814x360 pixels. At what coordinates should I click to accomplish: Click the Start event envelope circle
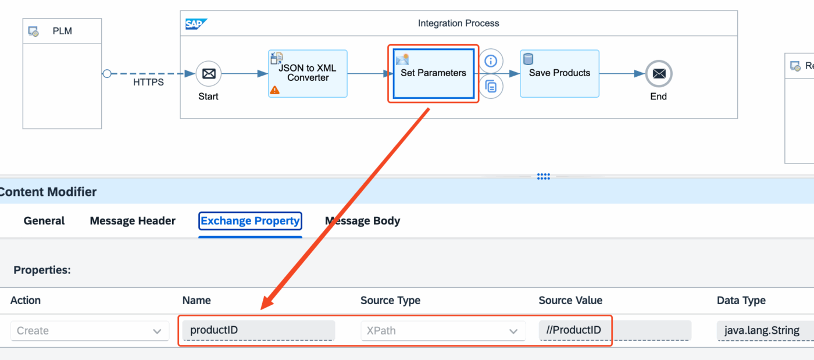click(209, 74)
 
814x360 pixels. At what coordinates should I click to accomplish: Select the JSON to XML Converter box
click(308, 73)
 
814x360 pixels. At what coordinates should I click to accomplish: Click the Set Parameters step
click(434, 73)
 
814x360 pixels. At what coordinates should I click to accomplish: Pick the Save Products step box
click(559, 73)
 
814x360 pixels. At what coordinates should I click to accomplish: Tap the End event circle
click(659, 74)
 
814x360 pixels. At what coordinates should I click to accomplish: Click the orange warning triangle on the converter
click(274, 90)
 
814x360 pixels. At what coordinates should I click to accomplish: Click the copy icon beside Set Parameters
click(491, 87)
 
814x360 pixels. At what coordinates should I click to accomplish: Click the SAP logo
click(196, 24)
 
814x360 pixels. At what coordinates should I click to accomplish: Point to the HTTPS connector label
click(148, 83)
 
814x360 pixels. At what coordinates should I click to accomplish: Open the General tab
click(44, 221)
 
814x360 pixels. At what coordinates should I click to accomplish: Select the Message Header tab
click(133, 221)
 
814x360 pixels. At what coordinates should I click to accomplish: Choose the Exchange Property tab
click(250, 221)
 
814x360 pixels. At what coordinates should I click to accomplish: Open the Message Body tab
click(363, 221)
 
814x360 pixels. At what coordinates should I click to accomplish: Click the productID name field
click(258, 330)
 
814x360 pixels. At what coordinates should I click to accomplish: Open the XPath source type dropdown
click(443, 330)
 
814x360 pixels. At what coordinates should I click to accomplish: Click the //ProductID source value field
click(615, 330)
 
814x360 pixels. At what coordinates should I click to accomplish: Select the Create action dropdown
click(90, 330)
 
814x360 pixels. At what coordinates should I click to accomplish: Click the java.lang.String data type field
click(765, 330)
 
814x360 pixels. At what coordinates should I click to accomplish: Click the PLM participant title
click(62, 31)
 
